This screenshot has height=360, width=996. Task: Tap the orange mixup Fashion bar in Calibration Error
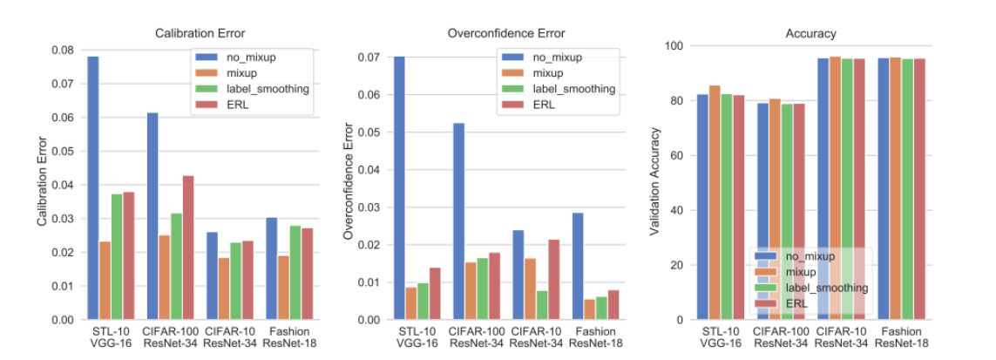point(283,288)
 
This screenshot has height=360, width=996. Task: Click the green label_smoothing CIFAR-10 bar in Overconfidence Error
point(542,305)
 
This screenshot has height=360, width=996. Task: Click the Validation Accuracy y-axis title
point(656,182)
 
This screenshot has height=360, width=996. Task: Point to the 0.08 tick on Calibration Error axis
point(63,50)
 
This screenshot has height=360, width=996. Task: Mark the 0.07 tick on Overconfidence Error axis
point(369,58)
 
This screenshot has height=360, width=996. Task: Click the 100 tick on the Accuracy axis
point(675,45)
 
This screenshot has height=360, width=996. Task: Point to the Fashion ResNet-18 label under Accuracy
point(902,337)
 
